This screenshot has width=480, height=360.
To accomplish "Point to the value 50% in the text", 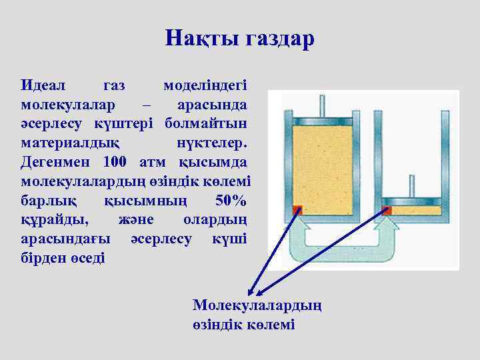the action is [231, 200].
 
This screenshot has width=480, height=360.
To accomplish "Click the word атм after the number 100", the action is [155, 162].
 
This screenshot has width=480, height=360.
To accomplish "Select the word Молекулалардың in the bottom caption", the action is [257, 305].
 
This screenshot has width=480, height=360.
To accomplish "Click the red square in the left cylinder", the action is [297, 210].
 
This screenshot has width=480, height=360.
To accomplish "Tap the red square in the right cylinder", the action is [387, 210].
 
